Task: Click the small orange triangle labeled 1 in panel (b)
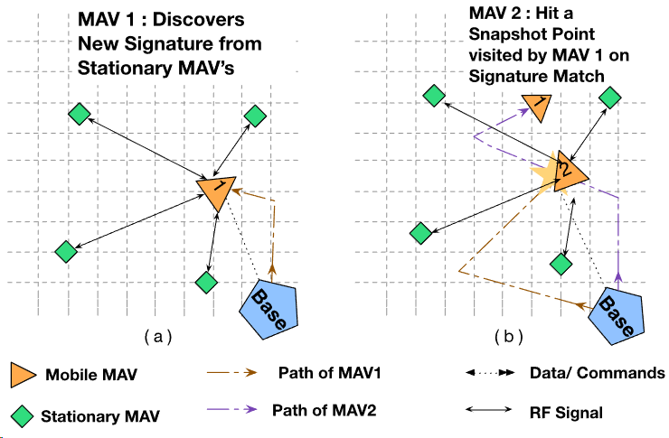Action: point(534,107)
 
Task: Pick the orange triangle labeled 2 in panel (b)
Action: point(569,170)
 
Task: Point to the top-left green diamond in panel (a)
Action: point(80,114)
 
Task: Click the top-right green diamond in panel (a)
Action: point(255,116)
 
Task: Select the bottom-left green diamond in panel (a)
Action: point(65,251)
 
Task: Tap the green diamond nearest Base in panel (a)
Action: point(207,282)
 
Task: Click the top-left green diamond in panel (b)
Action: point(434,94)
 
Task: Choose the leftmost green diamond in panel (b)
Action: point(419,233)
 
